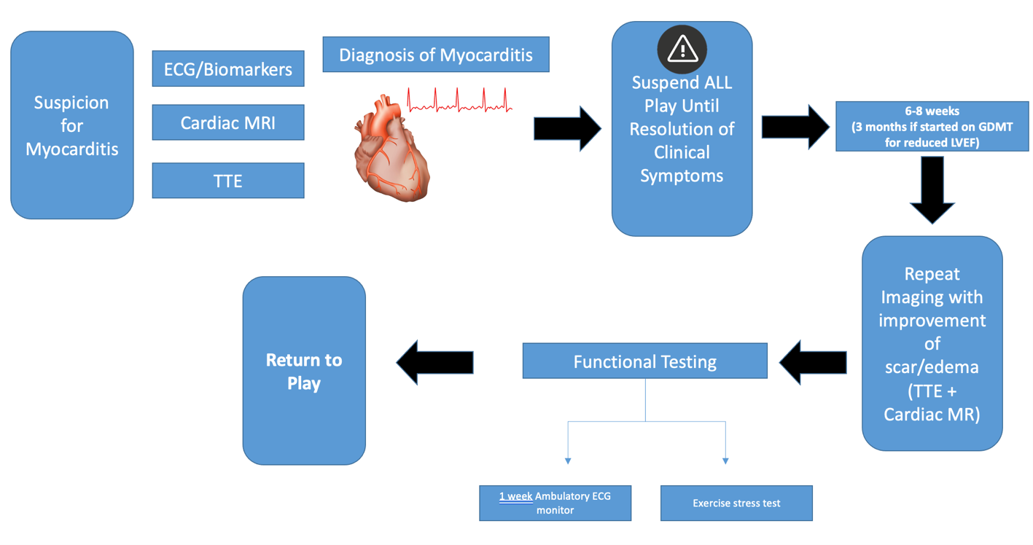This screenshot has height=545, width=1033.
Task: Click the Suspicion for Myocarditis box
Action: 71,125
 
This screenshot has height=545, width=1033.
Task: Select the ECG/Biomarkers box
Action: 227,69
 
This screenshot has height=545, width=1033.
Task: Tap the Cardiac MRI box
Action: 227,122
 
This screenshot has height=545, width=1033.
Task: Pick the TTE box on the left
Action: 227,181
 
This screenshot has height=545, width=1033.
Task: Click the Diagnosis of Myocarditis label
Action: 435,55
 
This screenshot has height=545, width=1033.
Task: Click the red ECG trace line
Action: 459,101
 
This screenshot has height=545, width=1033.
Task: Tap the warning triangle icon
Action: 682,49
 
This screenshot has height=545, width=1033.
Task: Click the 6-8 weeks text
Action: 932,111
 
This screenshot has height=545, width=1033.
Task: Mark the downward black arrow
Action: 932,191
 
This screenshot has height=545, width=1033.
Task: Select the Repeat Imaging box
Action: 932,343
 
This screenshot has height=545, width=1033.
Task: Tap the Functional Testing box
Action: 644,361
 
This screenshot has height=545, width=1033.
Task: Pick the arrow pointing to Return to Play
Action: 434,362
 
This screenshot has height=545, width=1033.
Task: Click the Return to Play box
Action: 304,371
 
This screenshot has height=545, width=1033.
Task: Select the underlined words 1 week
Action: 515,496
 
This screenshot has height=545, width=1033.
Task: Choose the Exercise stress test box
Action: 736,503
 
